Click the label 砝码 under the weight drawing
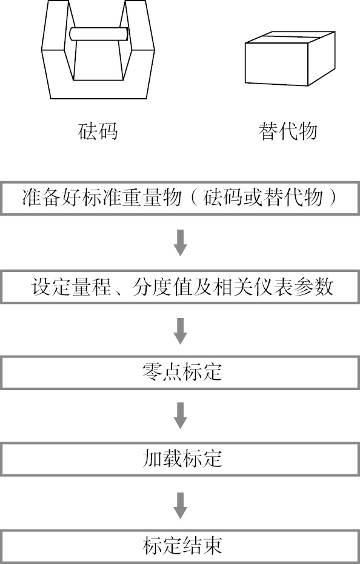[98, 131]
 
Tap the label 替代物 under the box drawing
[288, 131]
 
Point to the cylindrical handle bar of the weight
[99, 34]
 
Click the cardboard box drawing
[290, 58]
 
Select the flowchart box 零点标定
[180, 373]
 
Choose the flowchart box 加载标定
[180, 459]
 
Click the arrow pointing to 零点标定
[180, 331]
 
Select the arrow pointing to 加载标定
[180, 416]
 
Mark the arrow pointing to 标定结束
[180, 505]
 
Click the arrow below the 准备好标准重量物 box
[180, 243]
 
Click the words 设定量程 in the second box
[72, 287]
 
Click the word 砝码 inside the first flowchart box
[224, 198]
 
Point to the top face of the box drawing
[290, 37]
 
